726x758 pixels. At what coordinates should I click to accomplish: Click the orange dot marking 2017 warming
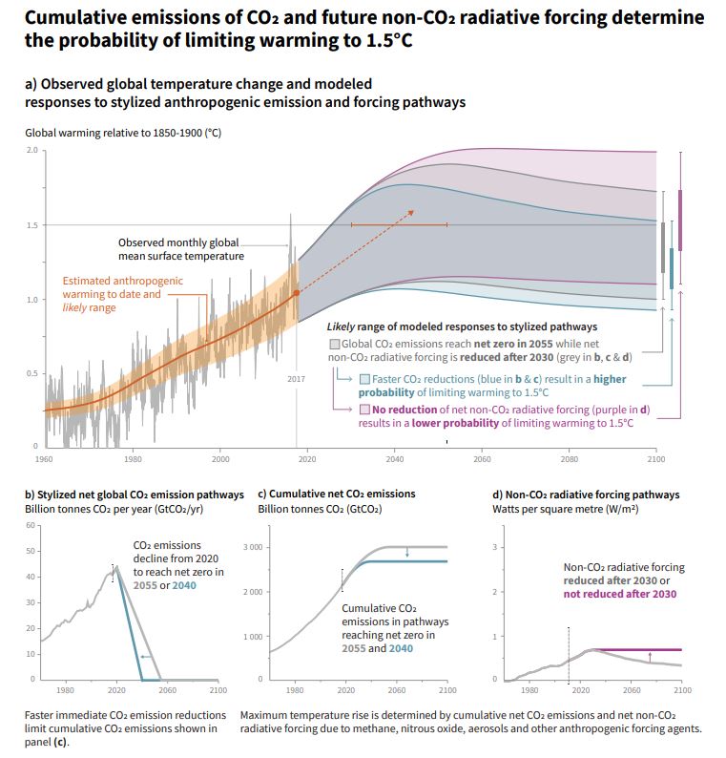click(x=296, y=292)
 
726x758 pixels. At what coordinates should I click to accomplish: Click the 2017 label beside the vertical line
click(x=296, y=379)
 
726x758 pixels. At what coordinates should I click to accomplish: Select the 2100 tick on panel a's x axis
click(x=655, y=458)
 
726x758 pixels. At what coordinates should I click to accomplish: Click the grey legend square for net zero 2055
click(x=333, y=343)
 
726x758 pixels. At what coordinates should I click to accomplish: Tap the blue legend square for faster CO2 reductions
click(x=364, y=378)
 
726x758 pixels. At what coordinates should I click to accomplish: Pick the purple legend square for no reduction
click(x=364, y=409)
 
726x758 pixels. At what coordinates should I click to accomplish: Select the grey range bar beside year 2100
click(x=663, y=247)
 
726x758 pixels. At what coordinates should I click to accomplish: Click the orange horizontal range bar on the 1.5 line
click(x=399, y=225)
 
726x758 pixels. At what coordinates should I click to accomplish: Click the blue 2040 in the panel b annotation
click(x=184, y=585)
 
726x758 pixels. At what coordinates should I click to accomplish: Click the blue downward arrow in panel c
click(x=406, y=553)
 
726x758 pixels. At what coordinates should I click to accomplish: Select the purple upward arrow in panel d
click(x=650, y=656)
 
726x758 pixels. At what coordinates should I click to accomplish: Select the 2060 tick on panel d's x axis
click(x=631, y=688)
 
